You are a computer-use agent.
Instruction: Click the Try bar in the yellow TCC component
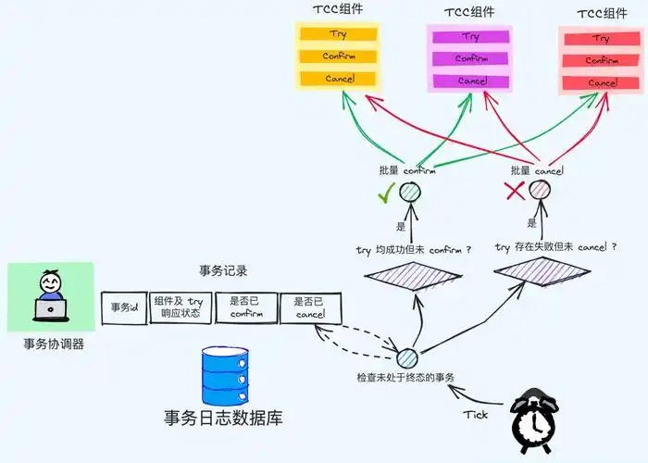coord(338,35)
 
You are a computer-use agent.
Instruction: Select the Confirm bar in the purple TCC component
coord(470,59)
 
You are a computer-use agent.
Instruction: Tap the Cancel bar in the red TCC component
coord(602,82)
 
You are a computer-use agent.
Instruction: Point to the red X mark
coord(516,191)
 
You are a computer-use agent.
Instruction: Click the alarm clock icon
coord(535,422)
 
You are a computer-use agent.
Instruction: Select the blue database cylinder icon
coord(226,374)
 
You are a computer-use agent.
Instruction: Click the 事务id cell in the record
coord(124,307)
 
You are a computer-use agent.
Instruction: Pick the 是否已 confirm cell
coord(246,307)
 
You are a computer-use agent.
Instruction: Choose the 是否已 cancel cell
coord(309,307)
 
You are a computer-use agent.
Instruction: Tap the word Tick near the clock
coord(475,415)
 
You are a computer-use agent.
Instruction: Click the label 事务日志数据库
coord(222,419)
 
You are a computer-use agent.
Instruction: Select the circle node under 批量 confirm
coord(410,192)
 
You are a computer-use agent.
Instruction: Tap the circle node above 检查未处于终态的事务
coord(406,357)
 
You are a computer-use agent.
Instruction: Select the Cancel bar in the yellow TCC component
coord(338,79)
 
